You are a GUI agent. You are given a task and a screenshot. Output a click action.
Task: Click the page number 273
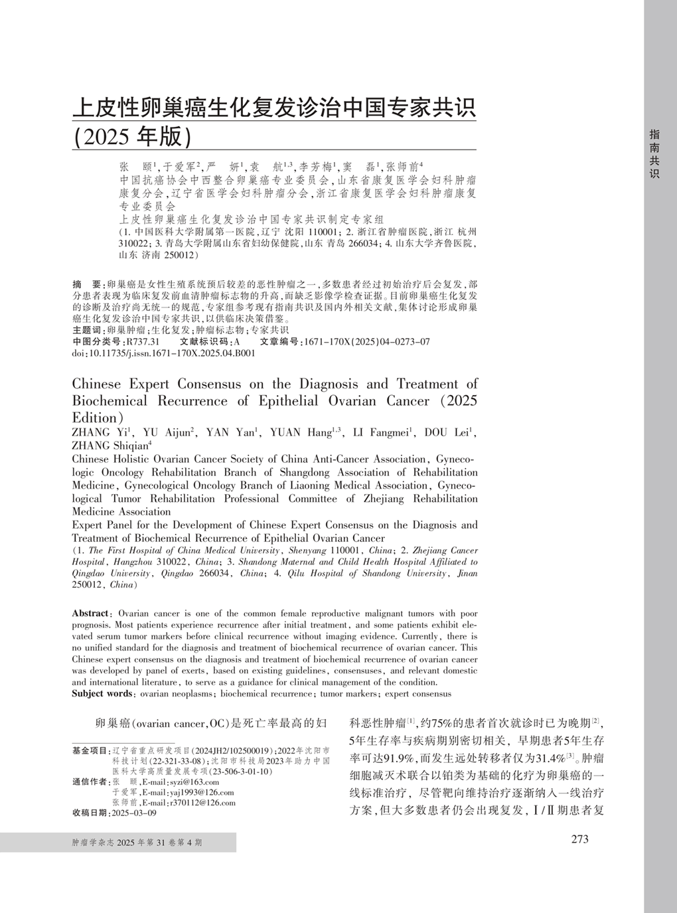click(x=579, y=839)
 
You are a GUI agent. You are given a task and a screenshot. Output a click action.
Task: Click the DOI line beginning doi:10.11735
click(x=163, y=353)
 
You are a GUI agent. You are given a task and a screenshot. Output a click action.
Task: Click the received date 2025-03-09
click(x=134, y=813)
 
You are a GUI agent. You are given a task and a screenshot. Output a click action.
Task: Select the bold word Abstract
click(x=90, y=614)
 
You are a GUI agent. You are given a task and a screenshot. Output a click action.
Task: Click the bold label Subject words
click(x=102, y=694)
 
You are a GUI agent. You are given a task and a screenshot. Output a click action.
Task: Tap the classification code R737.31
click(x=143, y=342)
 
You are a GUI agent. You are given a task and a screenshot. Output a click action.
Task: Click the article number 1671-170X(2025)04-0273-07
click(x=366, y=342)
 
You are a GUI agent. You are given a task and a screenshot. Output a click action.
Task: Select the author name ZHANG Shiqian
click(x=111, y=446)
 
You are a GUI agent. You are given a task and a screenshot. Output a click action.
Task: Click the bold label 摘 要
click(x=88, y=284)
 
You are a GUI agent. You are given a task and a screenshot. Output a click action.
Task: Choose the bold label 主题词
click(x=88, y=330)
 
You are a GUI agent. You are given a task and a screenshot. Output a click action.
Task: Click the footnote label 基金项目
click(x=90, y=751)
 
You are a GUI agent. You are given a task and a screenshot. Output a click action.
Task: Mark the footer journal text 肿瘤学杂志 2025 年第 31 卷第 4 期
click(x=137, y=843)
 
